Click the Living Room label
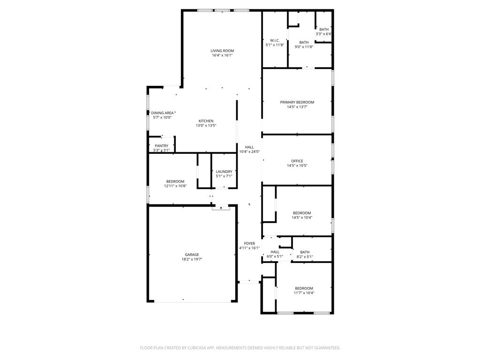(x=222, y=51)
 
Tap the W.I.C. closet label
(x=275, y=40)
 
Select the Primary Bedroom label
(x=297, y=102)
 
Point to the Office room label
(x=297, y=161)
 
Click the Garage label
(x=191, y=255)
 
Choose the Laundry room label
(x=224, y=172)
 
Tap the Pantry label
(x=161, y=146)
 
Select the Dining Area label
(x=162, y=113)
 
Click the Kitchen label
(x=206, y=121)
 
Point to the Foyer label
(x=249, y=243)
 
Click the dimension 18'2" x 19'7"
(x=191, y=259)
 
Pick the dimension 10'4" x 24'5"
(x=249, y=152)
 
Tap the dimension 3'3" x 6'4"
(x=324, y=34)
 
